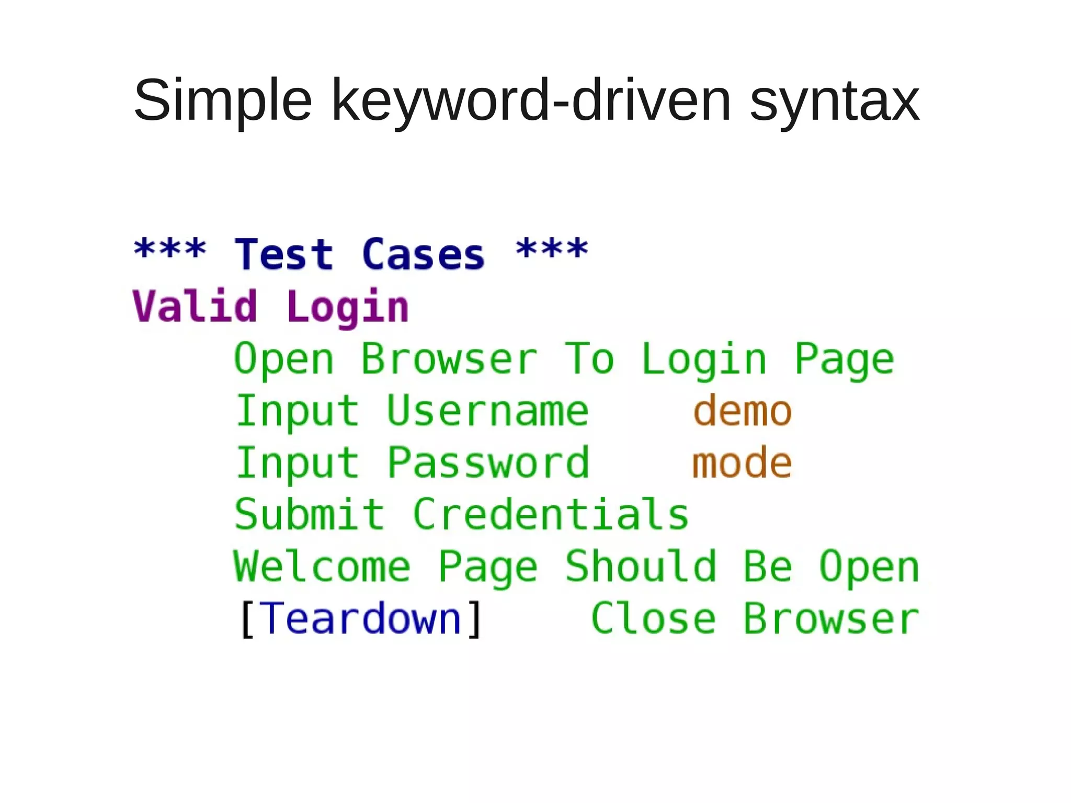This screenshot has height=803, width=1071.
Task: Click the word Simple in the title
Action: [223, 100]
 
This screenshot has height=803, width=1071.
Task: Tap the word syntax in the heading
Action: [835, 100]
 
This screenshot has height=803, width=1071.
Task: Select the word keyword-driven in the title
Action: [531, 100]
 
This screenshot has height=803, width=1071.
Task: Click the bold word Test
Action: [284, 254]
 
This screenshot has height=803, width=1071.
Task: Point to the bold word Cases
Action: [423, 254]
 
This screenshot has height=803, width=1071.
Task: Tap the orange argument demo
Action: [743, 411]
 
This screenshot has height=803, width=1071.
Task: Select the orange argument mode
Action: [742, 463]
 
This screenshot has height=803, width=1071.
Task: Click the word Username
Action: [487, 411]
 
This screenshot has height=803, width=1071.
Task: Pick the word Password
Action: [488, 463]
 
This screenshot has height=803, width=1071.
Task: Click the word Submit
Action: [310, 515]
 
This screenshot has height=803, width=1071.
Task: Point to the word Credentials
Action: [551, 515]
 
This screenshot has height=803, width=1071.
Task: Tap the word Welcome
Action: [322, 567]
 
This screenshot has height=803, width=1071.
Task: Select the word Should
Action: [641, 567]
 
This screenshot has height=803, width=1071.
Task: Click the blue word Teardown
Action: [360, 619]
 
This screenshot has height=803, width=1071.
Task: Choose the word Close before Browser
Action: [653, 619]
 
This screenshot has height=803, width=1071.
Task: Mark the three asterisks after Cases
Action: [552, 249]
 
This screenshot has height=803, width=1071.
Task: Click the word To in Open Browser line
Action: [589, 359]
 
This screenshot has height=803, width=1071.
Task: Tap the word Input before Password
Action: [297, 463]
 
